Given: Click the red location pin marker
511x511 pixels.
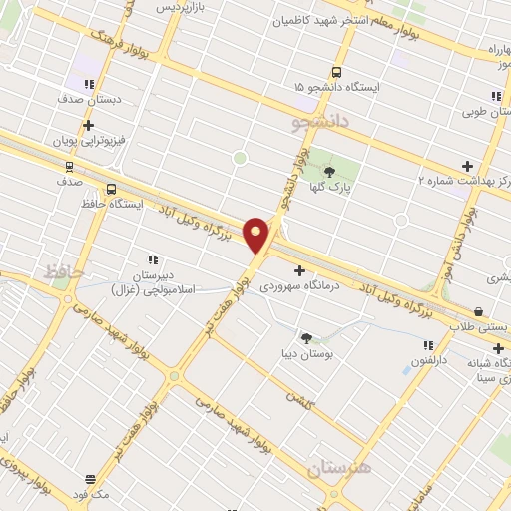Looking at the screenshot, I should pos(256,236).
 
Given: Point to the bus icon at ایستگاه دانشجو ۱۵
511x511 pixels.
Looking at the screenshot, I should pos(337,72).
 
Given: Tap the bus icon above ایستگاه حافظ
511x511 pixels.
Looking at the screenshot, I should pos(110,188).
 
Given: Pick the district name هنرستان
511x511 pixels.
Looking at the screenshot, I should pos(338,466).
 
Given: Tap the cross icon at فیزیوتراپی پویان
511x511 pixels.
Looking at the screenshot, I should pos(89,126).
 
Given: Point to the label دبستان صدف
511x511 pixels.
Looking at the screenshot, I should pos(92,100).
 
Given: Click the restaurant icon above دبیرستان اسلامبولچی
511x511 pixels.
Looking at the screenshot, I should pos(153,259).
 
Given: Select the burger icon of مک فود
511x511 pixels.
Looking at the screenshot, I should pos(90,480).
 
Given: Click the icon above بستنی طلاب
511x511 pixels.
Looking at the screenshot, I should pos(478,312).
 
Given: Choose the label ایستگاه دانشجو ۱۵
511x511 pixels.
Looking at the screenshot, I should pos(337,88).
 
